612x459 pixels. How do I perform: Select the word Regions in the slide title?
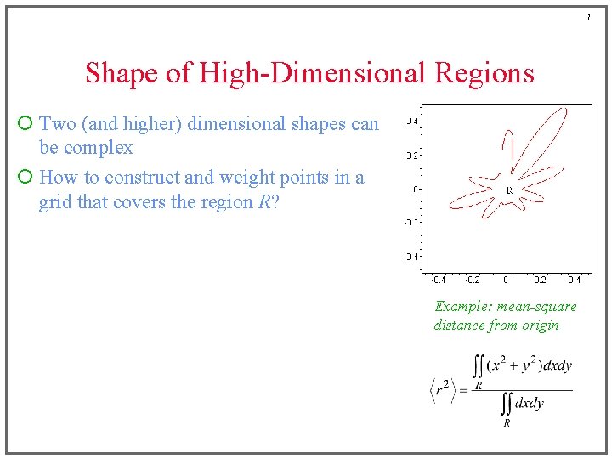[x=484, y=73]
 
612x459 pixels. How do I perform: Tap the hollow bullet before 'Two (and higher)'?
[x=25, y=124]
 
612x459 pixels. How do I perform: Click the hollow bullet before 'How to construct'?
[x=25, y=178]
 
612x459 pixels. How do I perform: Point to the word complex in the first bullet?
[x=99, y=148]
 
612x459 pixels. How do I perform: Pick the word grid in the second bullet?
[x=55, y=202]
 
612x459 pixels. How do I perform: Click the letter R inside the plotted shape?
[x=509, y=190]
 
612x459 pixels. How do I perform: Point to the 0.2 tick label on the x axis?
[x=541, y=280]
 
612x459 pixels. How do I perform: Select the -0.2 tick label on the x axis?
[x=472, y=280]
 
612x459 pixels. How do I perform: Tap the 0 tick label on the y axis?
[x=414, y=189]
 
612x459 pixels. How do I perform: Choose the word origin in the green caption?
[x=541, y=325]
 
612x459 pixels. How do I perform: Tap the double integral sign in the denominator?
[x=506, y=403]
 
